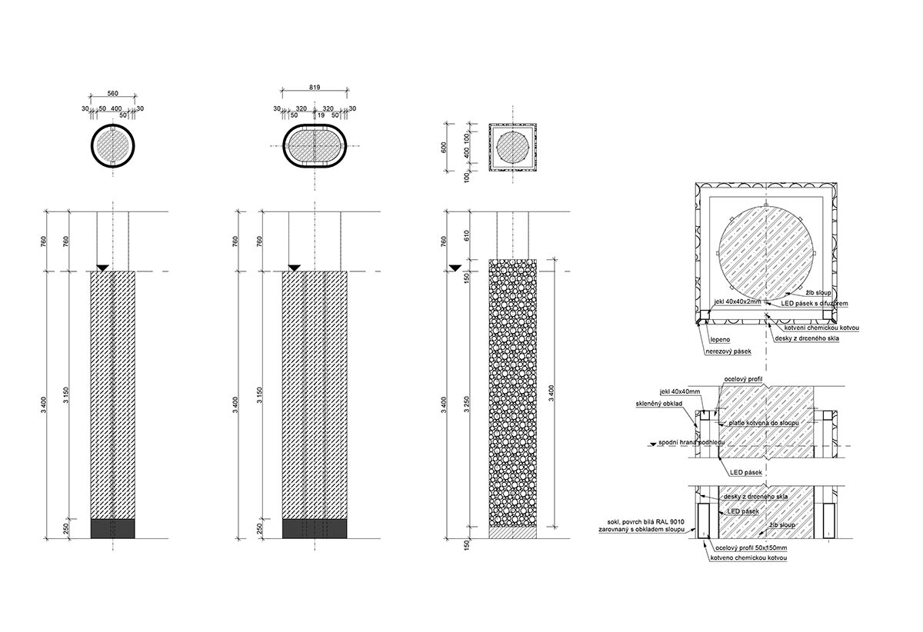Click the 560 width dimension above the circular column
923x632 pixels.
coord(112,93)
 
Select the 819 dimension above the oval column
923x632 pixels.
coord(315,88)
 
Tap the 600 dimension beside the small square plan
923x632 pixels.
coord(444,148)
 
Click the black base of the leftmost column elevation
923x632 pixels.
coord(112,528)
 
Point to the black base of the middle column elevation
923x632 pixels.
coord(315,528)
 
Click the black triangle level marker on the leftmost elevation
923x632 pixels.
coord(102,268)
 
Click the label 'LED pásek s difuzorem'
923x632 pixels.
coord(814,304)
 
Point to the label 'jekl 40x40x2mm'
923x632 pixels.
coord(737,302)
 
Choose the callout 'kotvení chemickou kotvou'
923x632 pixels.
coord(821,328)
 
